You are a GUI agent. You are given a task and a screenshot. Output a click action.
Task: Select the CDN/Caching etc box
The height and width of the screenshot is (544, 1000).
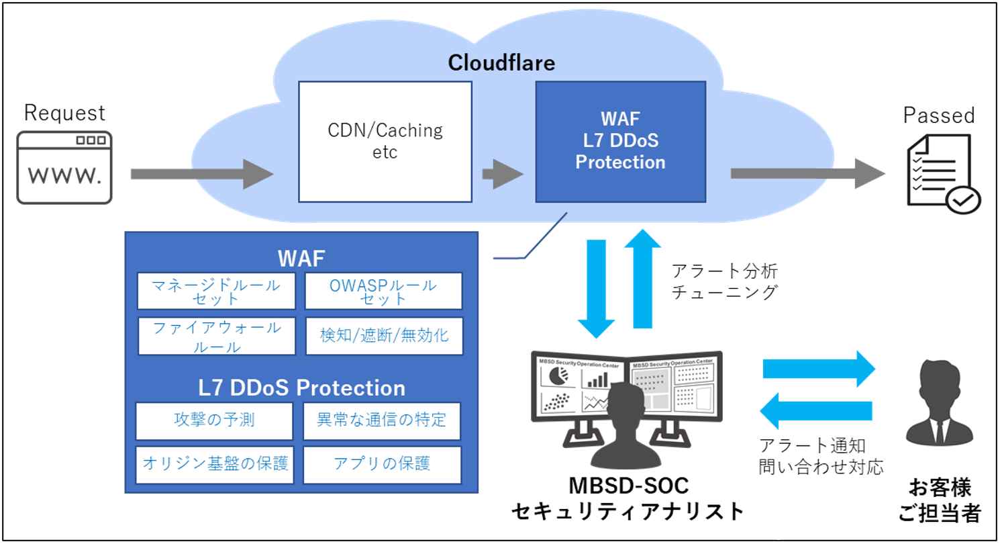tap(385, 142)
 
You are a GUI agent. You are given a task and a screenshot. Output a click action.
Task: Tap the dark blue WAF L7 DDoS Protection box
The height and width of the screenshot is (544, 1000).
tap(620, 142)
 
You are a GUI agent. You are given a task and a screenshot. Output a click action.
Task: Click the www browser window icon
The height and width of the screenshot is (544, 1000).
tap(64, 167)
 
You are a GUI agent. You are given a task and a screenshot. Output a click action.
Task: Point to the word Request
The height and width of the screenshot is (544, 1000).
tap(64, 112)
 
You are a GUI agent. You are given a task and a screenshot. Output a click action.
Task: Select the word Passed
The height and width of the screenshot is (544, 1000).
tap(938, 115)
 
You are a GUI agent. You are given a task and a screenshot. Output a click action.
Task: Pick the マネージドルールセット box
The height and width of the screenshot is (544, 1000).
tap(217, 291)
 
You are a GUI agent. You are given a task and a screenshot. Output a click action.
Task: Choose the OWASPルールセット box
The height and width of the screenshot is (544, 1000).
tap(383, 291)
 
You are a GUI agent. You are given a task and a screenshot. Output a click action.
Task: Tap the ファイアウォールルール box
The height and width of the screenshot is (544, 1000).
tap(217, 336)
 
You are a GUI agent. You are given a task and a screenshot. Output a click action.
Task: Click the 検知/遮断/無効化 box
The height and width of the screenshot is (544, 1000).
tap(383, 336)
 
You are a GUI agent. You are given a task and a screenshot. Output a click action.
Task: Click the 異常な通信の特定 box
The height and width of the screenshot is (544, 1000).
tap(382, 420)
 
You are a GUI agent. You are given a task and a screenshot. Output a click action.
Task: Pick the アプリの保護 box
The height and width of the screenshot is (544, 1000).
tap(382, 463)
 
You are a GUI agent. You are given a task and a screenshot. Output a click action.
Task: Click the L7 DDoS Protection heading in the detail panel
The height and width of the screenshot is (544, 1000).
tap(301, 388)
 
